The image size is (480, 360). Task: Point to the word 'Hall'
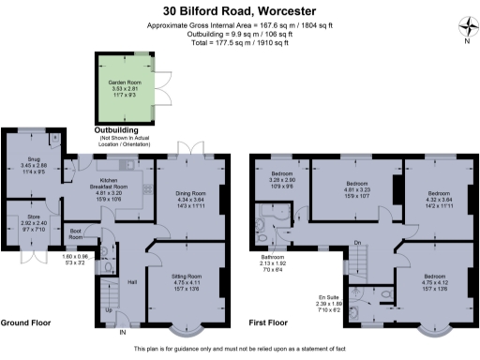(132, 281)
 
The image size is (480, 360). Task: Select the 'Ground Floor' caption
(25, 322)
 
